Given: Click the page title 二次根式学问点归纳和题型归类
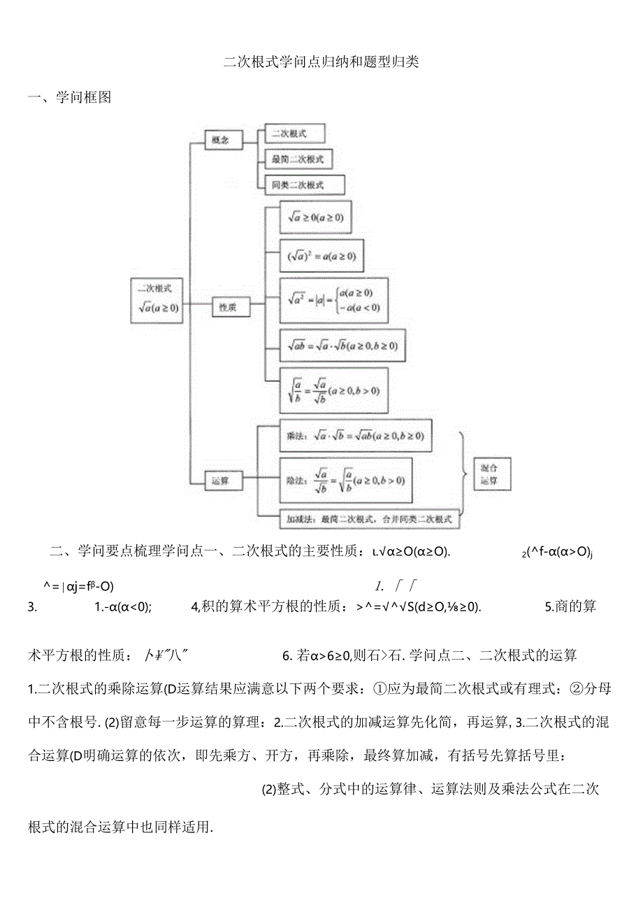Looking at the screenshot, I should coord(321,62).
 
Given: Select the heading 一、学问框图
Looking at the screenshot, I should coord(70,98).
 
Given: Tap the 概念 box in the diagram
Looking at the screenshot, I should coord(223,140).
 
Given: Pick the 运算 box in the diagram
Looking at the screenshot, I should coord(223,481).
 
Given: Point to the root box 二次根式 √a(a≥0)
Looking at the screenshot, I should coord(157,299).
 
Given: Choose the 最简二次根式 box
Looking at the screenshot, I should coord(298,159).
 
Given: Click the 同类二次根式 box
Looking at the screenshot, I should coord(305,185).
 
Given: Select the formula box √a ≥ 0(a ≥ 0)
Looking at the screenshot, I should coord(315,218).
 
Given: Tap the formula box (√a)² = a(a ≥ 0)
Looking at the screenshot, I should coord(321,257).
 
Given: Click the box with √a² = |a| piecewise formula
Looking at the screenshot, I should coord(333,299).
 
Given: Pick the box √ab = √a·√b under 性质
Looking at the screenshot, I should coord(342,346).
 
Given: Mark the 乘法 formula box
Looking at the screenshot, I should coord(355,436).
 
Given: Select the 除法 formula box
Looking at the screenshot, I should coord(345,480).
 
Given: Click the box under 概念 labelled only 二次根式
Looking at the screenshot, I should coord(294,133).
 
